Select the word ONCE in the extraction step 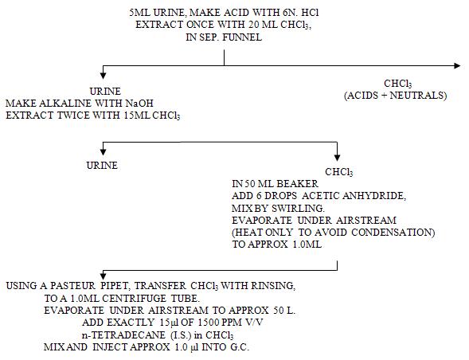point(201,25)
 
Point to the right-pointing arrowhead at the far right point(457,65)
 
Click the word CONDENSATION point(393,233)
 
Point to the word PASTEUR point(72,286)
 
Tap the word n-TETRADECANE point(123,335)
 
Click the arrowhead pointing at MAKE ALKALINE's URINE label point(103,76)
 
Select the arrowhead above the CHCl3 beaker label point(337,157)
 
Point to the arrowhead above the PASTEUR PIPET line point(103,276)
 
